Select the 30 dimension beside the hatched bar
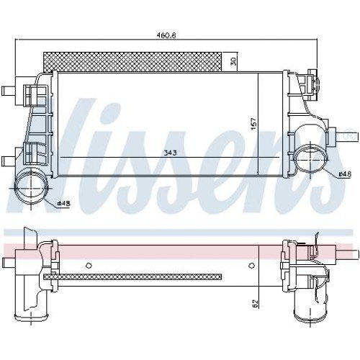[x=232, y=61]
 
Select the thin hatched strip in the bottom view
[x=133, y=276]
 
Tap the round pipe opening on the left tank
[x=27, y=189]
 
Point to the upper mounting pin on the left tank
[x=9, y=91]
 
